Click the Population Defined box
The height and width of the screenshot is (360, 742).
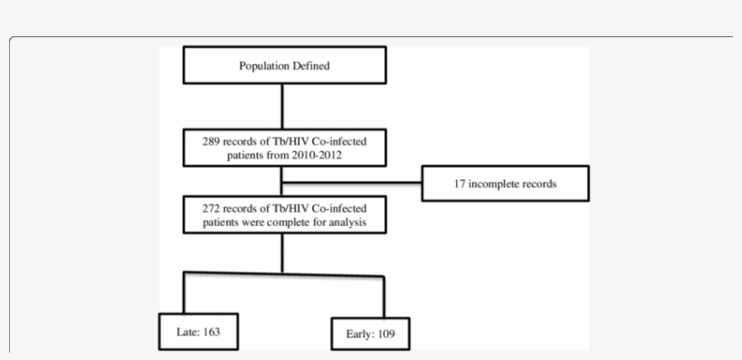pos(284,66)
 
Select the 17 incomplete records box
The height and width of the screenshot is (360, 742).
pos(505,184)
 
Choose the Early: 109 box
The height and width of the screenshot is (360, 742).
pos(370,333)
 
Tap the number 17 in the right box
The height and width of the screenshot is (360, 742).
pos(460,184)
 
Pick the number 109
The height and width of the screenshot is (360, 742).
pos(384,334)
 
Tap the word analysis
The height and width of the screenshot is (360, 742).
pos(347,222)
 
